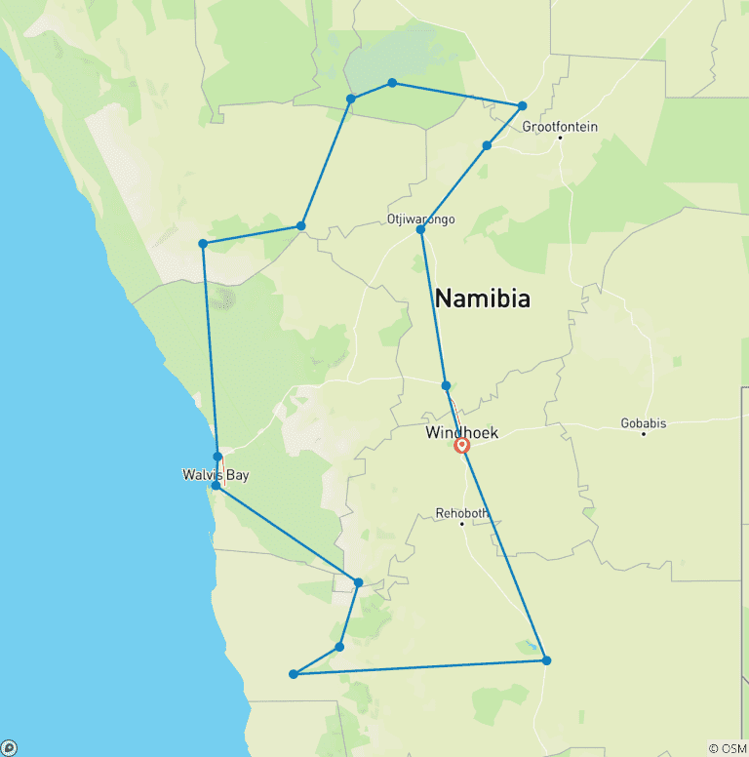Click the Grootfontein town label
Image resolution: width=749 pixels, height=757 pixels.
[560, 127]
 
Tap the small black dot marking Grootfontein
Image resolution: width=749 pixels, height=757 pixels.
[561, 138]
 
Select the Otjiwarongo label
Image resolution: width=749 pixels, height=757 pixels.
[421, 219]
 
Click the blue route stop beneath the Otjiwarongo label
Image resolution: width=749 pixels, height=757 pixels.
[420, 230]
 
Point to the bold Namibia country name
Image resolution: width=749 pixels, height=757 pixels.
[483, 299]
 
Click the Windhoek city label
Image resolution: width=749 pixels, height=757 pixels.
[462, 432]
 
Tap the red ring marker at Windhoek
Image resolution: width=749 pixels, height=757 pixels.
[462, 446]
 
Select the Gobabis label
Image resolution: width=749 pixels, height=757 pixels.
[644, 423]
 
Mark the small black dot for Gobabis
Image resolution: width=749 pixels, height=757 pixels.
[644, 433]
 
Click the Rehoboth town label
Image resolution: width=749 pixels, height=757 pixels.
[462, 513]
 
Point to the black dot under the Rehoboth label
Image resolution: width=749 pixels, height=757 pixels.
[462, 524]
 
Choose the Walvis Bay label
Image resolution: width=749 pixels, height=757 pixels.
[216, 475]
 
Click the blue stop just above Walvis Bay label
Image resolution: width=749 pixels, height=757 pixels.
[217, 457]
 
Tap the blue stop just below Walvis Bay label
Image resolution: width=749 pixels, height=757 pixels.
[216, 485]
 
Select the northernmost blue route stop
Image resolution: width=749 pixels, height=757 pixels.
[392, 83]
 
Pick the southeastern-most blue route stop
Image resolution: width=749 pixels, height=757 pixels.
[546, 660]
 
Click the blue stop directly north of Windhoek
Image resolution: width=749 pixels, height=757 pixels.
[446, 385]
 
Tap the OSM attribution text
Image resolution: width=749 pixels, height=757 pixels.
[728, 748]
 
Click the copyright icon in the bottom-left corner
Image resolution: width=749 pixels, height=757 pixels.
[10, 748]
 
